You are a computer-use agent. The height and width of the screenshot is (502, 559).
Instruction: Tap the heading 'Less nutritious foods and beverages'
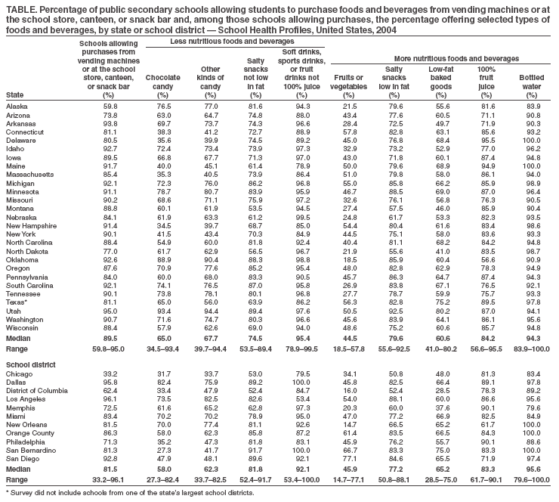[232, 40]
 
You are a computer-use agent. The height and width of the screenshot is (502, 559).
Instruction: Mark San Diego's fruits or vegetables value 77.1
[348, 458]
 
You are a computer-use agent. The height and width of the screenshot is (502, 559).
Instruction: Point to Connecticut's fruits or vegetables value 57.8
[348, 132]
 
